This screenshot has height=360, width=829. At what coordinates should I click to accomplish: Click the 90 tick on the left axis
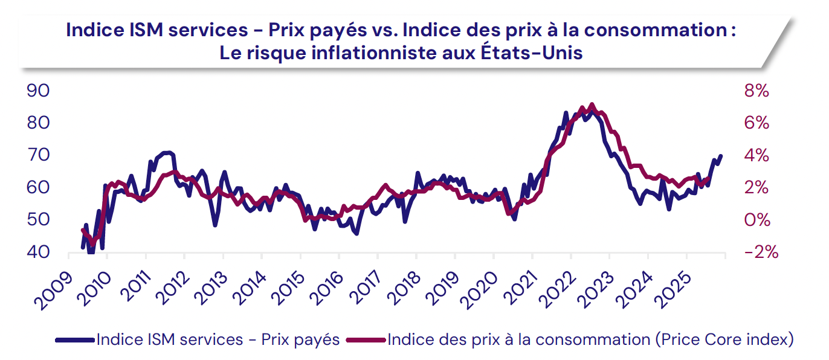click(x=38, y=91)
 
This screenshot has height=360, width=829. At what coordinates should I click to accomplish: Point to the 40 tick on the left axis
click(x=38, y=252)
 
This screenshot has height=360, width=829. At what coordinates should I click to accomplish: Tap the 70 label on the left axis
click(x=38, y=155)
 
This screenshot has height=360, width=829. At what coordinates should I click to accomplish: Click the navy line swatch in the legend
click(x=75, y=340)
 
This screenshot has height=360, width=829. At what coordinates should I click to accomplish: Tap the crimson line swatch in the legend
click(x=366, y=340)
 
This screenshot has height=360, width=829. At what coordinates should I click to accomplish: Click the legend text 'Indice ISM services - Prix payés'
click(x=218, y=340)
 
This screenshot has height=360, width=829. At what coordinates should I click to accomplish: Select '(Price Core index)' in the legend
click(x=724, y=340)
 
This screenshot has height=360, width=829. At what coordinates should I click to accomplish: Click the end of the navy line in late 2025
click(x=720, y=156)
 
